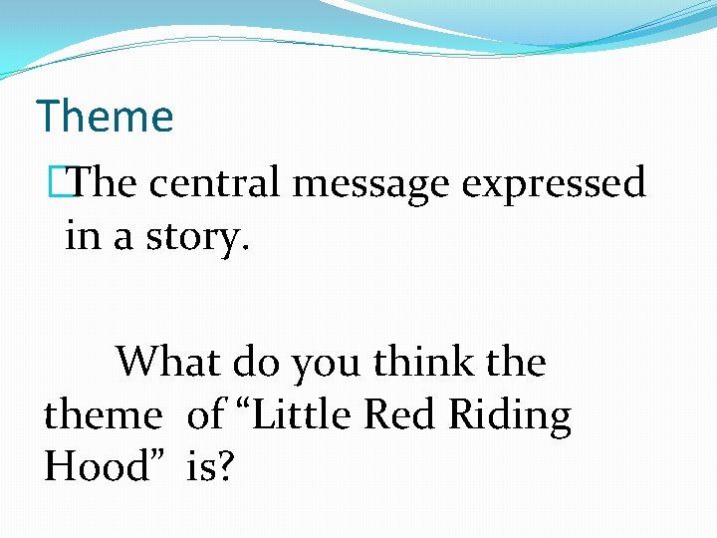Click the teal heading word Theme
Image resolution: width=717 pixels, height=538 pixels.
[x=105, y=117]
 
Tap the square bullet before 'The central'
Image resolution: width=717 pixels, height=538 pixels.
[x=68, y=183]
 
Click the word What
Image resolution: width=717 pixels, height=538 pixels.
[x=167, y=362]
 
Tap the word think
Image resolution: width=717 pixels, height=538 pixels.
[x=418, y=362]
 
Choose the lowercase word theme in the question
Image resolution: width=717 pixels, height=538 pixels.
[x=102, y=414]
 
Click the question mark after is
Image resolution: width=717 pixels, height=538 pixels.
[x=226, y=466]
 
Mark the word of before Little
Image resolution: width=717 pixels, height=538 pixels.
[x=205, y=414]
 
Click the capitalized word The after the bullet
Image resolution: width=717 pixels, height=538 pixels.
[x=106, y=183]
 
